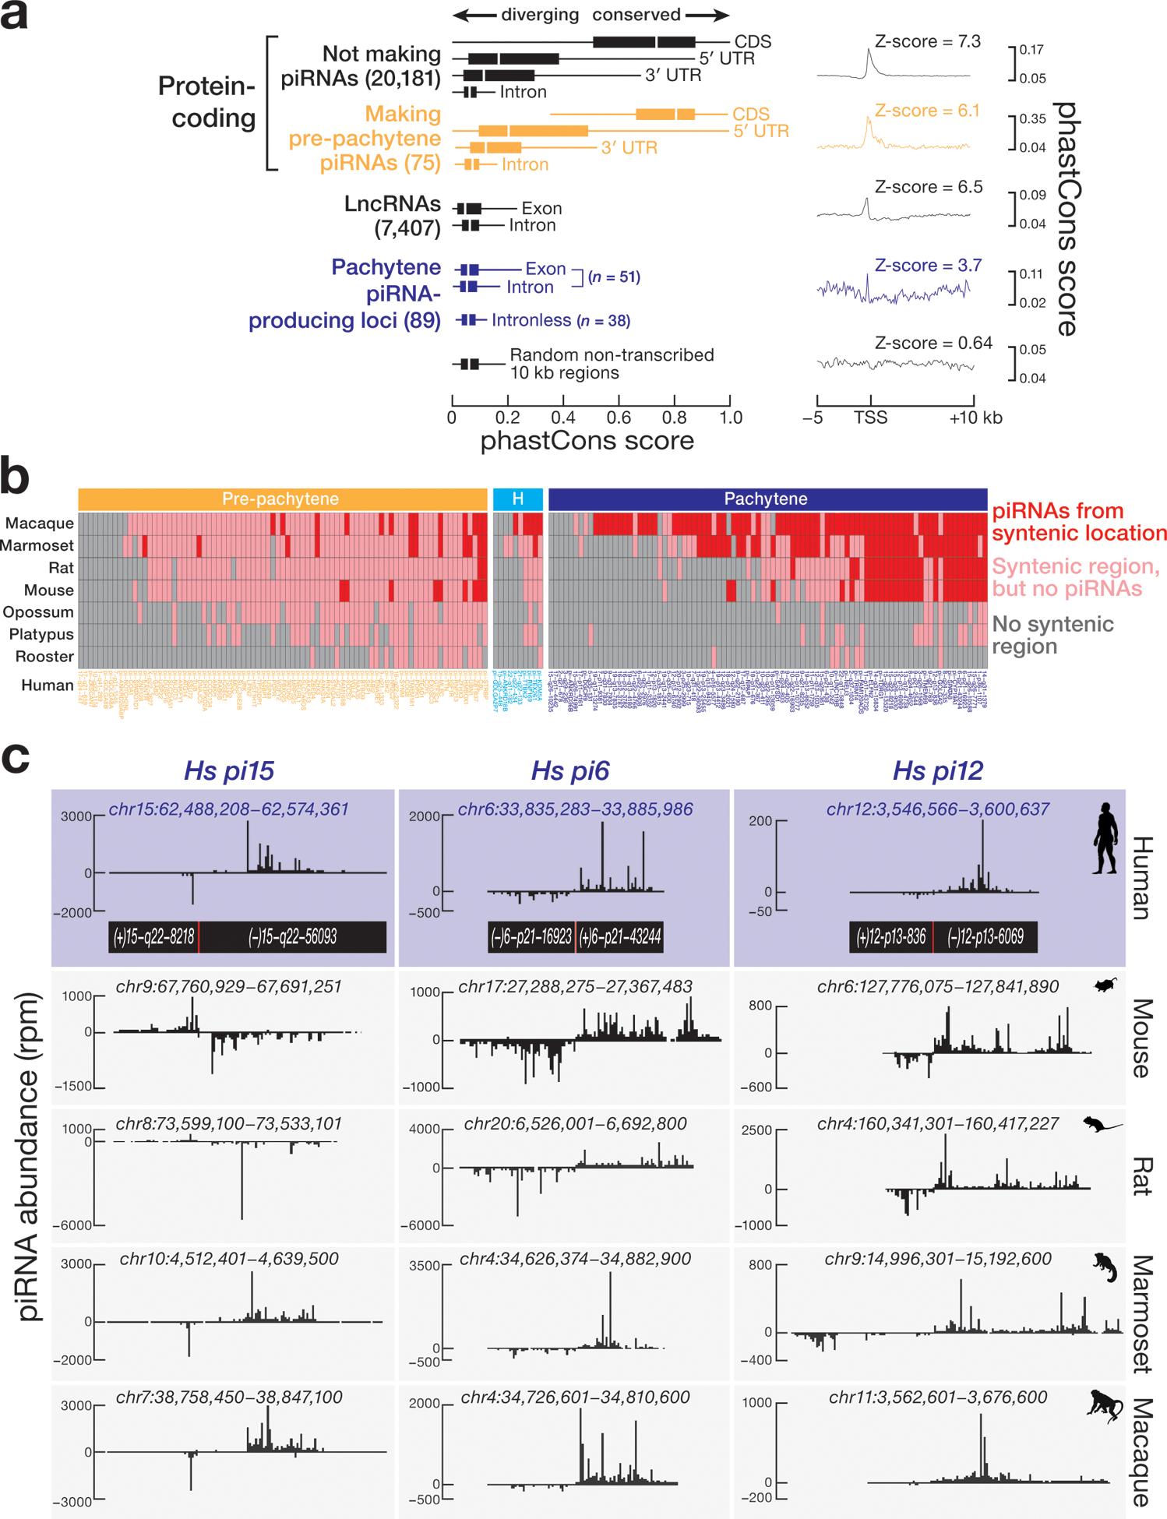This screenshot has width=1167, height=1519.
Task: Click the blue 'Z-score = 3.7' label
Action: point(927,266)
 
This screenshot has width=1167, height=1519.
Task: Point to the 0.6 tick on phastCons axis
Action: point(619,417)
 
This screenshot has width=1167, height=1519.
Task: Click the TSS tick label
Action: point(869,418)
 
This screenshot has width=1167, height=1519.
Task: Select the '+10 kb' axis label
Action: point(975,418)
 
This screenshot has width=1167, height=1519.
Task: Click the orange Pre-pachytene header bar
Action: point(281,499)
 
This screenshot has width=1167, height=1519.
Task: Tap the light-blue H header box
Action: point(517,499)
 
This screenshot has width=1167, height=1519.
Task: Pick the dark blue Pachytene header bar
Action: point(767,499)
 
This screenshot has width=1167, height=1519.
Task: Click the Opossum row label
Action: point(38,612)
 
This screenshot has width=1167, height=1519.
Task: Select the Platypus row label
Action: point(41,634)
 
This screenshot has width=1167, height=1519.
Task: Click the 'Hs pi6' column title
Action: point(570,771)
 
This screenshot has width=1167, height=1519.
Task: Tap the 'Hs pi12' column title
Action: point(938,771)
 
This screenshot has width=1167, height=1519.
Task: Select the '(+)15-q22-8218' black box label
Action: point(153,936)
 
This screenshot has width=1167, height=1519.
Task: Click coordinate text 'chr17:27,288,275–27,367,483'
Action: point(575,987)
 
